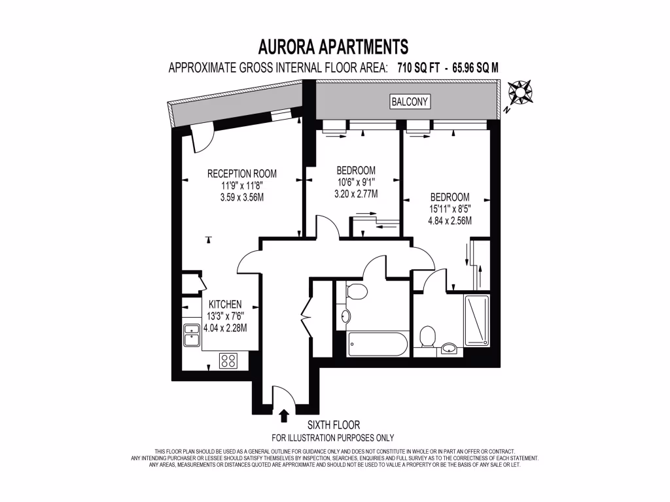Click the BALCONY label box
(410, 101)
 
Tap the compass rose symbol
(520, 94)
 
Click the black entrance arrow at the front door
(283, 415)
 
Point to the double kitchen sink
(191, 336)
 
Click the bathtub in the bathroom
(378, 344)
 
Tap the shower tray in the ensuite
(476, 320)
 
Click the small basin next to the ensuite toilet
(450, 348)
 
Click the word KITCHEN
(226, 305)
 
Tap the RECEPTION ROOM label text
(241, 174)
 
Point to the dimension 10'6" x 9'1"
(357, 182)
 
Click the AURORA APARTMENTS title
(334, 46)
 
